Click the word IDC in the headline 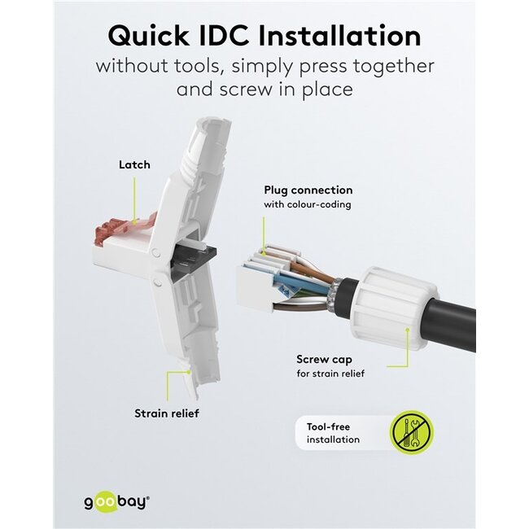tap(232, 36)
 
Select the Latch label tap(134, 164)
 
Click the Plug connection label tap(308, 190)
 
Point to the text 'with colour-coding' tap(307, 204)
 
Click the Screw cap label tap(324, 358)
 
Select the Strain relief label tap(166, 413)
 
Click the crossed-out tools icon tap(412, 432)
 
